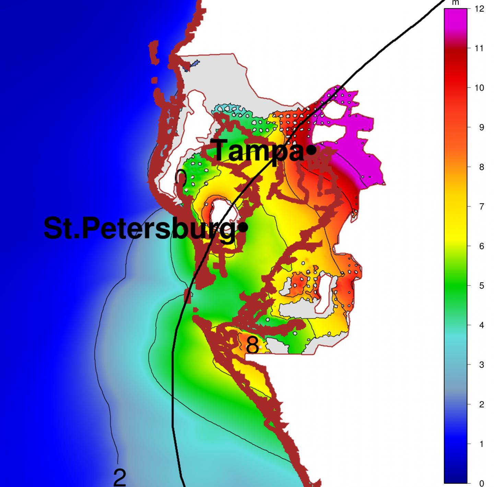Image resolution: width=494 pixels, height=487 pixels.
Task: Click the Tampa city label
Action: (x=258, y=151)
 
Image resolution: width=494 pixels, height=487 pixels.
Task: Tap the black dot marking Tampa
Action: (x=311, y=150)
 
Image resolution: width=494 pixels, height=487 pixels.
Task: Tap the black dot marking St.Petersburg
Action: (x=243, y=227)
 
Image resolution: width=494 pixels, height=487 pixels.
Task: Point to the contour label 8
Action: (x=252, y=346)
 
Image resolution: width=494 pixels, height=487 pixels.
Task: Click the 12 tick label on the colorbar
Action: (x=480, y=9)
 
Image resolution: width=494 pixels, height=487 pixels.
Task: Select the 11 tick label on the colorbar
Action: (x=479, y=48)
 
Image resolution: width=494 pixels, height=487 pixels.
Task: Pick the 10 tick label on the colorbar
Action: (x=479, y=88)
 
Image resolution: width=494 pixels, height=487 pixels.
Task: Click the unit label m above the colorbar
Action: (x=456, y=3)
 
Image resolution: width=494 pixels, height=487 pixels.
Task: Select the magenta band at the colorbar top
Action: (x=456, y=21)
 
